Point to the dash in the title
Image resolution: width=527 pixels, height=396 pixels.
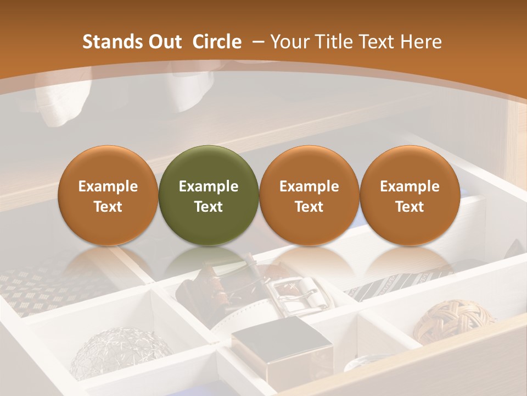click(256, 42)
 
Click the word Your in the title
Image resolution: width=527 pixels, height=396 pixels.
click(288, 42)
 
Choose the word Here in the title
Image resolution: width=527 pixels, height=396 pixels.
click(421, 42)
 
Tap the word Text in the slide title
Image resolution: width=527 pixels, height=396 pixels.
click(375, 42)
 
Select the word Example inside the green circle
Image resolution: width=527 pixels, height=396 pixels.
click(208, 186)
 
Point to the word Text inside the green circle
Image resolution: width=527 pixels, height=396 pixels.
click(208, 207)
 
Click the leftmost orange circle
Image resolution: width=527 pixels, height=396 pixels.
click(108, 195)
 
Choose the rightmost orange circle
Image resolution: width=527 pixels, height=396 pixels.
click(410, 195)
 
